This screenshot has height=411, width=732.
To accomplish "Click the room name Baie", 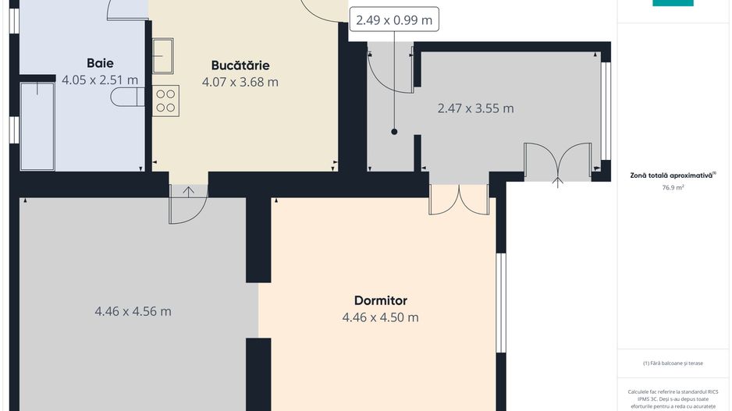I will tap(100, 63).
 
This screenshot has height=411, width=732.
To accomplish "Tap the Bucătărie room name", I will tap(240, 66).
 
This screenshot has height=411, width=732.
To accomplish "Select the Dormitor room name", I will tap(380, 300).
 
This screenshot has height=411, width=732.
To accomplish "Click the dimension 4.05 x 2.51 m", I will tap(100, 80).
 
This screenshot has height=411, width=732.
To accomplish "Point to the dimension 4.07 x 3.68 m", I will tap(240, 82).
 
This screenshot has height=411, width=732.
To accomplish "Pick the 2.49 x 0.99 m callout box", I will tap(394, 20).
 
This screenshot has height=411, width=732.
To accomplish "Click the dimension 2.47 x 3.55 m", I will tap(475, 108).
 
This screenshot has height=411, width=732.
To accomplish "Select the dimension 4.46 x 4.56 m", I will tap(133, 311).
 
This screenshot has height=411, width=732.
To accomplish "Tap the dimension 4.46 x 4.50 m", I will tap(380, 317).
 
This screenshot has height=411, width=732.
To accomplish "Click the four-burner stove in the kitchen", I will tap(166, 101).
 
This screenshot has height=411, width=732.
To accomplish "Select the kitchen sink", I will tap(164, 55).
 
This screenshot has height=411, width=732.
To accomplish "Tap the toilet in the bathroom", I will tap(127, 97).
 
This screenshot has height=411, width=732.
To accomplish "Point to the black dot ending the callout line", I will tap(394, 132).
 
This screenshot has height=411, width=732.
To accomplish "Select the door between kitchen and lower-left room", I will tap(188, 204).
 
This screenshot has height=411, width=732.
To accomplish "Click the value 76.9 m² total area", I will tap(673, 187).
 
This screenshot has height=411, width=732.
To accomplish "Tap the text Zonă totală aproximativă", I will tap(672, 175).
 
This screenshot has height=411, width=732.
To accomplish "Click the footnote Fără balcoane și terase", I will tap(673, 363).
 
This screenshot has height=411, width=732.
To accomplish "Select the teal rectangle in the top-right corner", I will tap(673, 3).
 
